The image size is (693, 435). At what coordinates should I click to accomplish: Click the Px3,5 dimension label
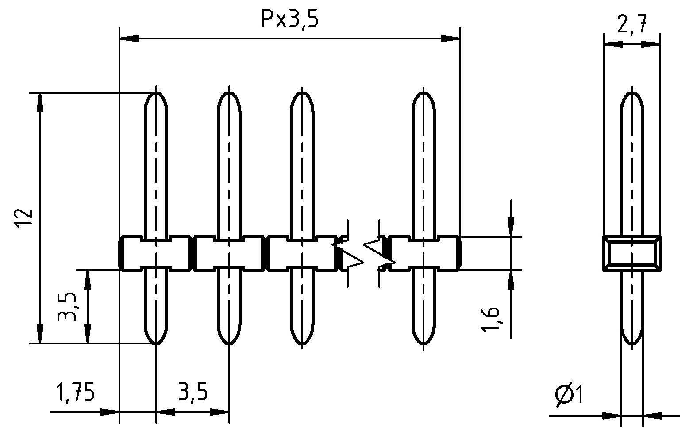point(289,19)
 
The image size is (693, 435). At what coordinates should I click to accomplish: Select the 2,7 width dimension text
point(632,25)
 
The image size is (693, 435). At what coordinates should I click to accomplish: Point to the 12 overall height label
point(24,218)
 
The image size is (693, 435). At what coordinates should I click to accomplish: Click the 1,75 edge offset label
point(75,392)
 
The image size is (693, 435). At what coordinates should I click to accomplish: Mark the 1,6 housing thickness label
point(491,318)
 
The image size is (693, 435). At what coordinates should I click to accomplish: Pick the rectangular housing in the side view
point(632,253)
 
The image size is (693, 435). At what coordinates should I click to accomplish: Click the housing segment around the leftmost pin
point(156,253)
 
